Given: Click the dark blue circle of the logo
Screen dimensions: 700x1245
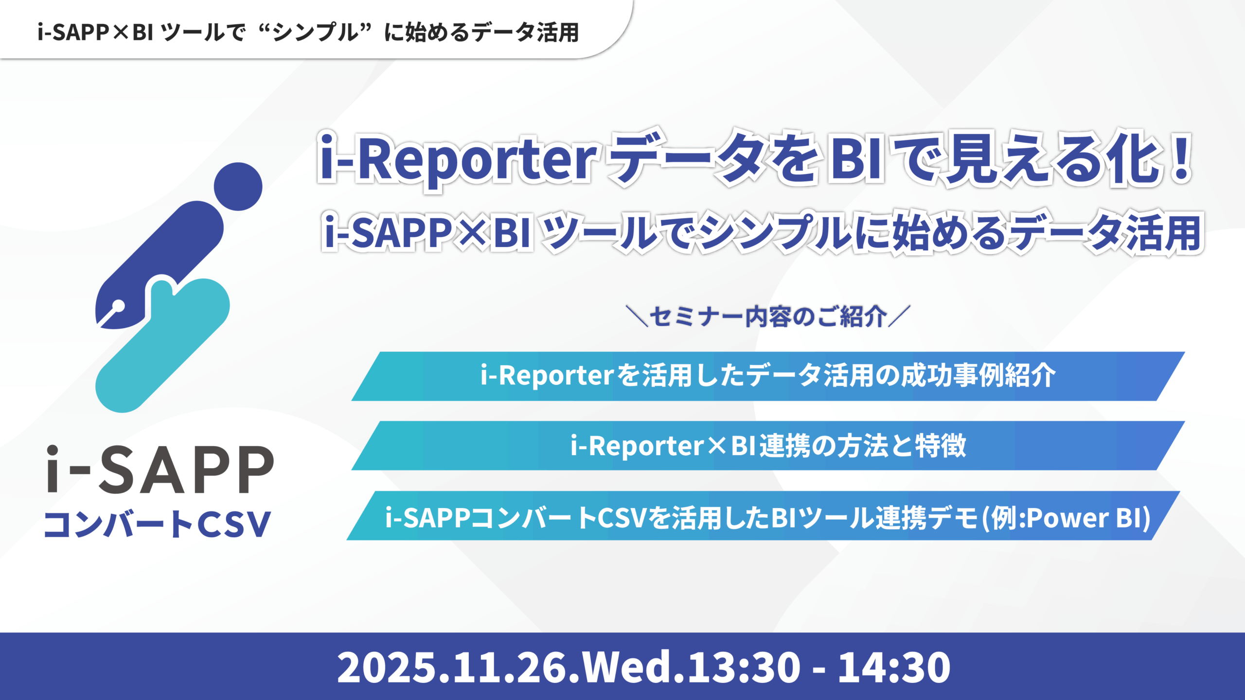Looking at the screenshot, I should pos(238,187).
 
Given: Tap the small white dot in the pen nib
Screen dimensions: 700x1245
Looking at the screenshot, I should pos(118,306).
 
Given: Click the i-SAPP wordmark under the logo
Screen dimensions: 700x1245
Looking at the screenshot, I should pos(160,470).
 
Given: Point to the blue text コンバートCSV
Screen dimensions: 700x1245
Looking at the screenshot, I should pos(157,525).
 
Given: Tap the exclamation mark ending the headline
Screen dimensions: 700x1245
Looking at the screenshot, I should pos(1180,158).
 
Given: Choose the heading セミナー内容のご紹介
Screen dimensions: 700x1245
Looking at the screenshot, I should pos(768,317).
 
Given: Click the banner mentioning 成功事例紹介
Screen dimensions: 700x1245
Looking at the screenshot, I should pos(767,376).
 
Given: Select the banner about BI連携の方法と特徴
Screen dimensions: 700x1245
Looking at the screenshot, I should pos(767,445).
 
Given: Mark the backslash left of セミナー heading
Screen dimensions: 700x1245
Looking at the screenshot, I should pos(637,316).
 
